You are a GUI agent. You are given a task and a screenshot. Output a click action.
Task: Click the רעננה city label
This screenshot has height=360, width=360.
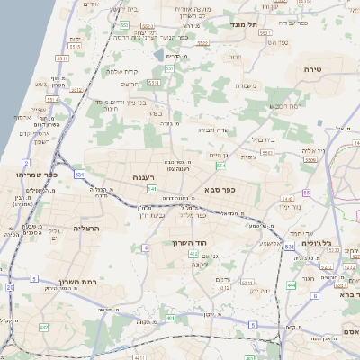tap(145, 177)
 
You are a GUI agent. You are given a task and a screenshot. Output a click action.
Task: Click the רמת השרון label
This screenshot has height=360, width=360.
tap(77, 282)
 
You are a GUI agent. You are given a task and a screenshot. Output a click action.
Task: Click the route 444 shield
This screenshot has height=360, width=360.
tap(291, 284)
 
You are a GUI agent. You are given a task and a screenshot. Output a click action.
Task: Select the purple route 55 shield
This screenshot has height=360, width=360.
tap(306, 193)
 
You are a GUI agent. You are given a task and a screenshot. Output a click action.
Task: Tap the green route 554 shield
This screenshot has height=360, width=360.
tap(221, 166)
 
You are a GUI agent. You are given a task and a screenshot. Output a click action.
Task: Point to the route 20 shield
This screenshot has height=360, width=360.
tap(11, 287)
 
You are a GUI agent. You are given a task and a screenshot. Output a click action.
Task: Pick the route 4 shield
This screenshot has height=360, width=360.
tap(145, 247)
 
